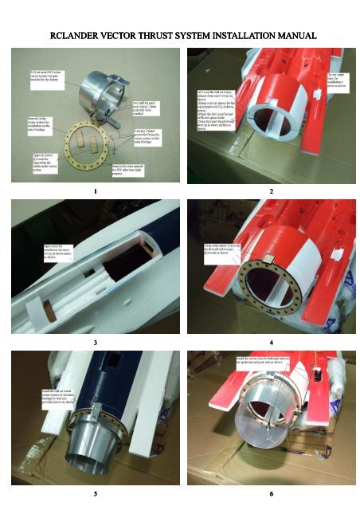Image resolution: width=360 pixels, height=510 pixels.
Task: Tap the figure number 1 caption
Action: click(x=94, y=192)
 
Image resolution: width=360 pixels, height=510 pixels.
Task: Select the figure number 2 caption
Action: click(x=271, y=192)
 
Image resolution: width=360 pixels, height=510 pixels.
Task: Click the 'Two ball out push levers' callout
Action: click(x=148, y=108)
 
